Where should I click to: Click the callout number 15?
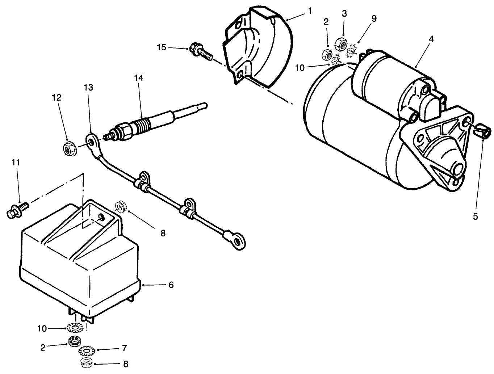coord(162,47)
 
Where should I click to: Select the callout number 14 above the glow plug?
coord(138,78)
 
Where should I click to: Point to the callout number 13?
coord(88,87)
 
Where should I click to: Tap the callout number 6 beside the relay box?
coord(171,285)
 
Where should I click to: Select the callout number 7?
coord(124,348)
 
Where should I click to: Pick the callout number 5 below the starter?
coord(475,217)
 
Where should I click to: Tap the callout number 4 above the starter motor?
coord(431,38)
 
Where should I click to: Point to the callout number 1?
coord(310,11)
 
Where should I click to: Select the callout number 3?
coord(344,13)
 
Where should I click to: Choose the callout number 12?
coord(56,97)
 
